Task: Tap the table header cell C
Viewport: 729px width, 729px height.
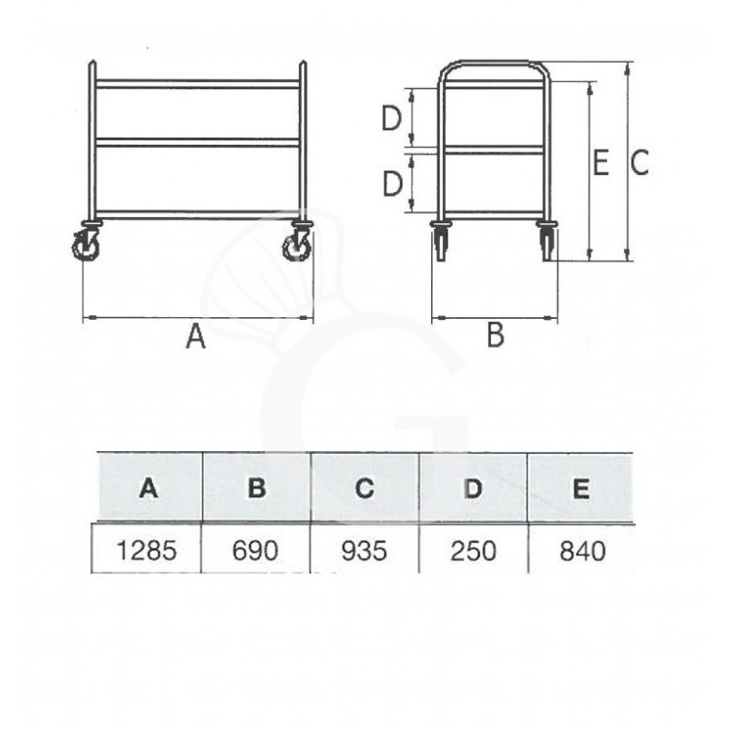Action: pyautogui.click(x=364, y=488)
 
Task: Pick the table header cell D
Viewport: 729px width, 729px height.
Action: pyautogui.click(x=472, y=488)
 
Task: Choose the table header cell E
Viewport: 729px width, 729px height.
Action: pyautogui.click(x=580, y=488)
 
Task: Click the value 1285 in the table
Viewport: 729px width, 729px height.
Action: pyautogui.click(x=146, y=550)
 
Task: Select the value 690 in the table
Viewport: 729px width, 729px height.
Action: pyautogui.click(x=255, y=550)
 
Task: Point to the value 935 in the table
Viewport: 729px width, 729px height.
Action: pyautogui.click(x=364, y=550)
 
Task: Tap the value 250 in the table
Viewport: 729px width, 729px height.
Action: pyautogui.click(x=472, y=550)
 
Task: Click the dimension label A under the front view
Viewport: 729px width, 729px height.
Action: pyautogui.click(x=195, y=338)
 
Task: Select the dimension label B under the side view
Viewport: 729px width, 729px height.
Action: pyautogui.click(x=494, y=335)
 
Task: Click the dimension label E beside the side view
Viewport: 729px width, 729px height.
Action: pyautogui.click(x=601, y=164)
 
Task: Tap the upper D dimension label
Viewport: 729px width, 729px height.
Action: pyautogui.click(x=391, y=118)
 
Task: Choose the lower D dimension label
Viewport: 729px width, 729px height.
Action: pyautogui.click(x=391, y=183)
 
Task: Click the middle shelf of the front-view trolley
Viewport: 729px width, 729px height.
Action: pyautogui.click(x=198, y=142)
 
